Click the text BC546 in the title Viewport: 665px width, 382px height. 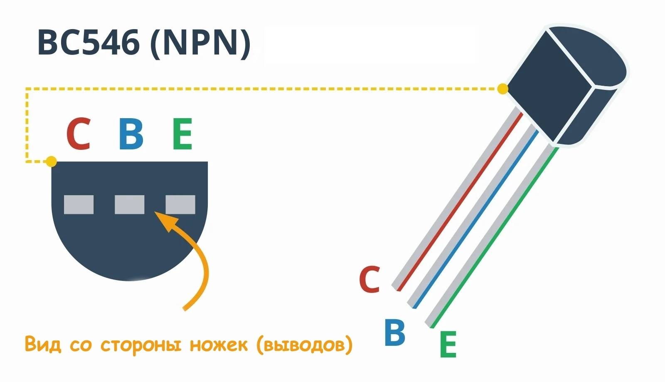(x=88, y=42)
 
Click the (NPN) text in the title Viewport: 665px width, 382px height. (x=201, y=43)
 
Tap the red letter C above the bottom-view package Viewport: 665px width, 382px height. (x=78, y=134)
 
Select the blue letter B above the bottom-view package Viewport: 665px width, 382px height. (x=131, y=134)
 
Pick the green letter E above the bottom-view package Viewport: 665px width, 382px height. (x=182, y=134)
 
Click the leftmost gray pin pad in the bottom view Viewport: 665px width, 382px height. (x=79, y=204)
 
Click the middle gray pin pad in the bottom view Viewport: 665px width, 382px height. (x=129, y=204)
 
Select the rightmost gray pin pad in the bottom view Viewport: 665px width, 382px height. (x=180, y=204)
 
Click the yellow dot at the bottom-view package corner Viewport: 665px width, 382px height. (x=51, y=161)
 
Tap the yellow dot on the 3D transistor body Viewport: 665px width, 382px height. (x=503, y=89)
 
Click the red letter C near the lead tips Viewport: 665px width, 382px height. (x=369, y=279)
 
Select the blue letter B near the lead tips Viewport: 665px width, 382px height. (x=394, y=332)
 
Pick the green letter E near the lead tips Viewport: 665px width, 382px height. (x=448, y=345)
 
